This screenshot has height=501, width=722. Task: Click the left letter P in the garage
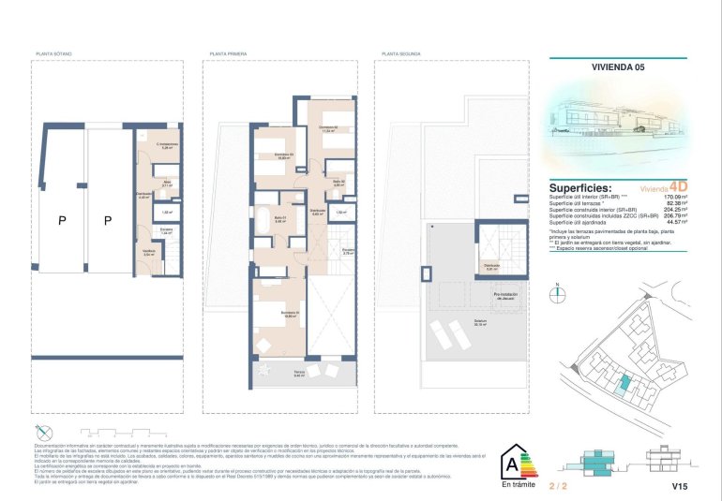click(x=62, y=221)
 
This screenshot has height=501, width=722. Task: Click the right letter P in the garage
click(x=108, y=221)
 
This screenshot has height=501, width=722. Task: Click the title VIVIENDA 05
click(x=618, y=67)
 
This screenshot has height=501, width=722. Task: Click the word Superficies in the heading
click(x=580, y=188)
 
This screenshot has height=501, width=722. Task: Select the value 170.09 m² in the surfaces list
click(x=673, y=197)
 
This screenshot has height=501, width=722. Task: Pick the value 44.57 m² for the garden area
click(x=675, y=223)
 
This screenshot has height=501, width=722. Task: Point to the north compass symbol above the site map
click(x=558, y=292)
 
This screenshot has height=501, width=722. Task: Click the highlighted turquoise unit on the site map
click(x=624, y=382)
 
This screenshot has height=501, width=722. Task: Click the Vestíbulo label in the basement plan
click(x=148, y=251)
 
